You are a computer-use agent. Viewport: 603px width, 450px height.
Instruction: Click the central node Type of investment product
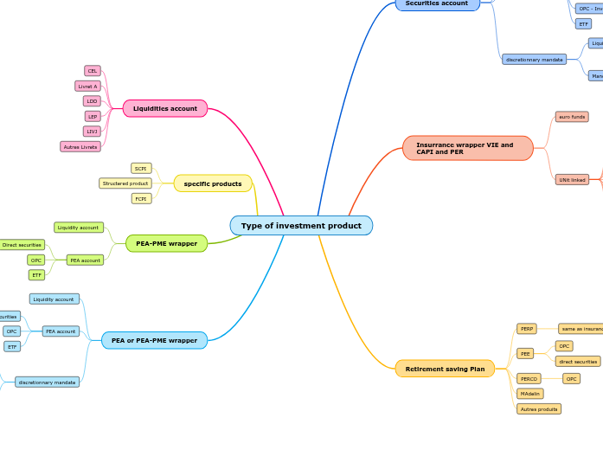pos(301,226)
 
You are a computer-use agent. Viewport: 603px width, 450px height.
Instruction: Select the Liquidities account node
pos(164,108)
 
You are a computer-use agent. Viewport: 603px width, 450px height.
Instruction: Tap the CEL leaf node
pos(93,71)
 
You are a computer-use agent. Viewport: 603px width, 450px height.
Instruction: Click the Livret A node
pos(88,86)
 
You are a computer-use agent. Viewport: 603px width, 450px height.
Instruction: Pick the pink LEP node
pos(93,116)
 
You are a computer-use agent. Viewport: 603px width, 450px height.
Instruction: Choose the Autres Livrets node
pos(80,146)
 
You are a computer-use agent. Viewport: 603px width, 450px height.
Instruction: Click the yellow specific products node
pos(213,183)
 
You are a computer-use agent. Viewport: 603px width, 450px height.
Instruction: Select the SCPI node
pos(141,168)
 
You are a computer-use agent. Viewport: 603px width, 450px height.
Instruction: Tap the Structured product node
pos(125,183)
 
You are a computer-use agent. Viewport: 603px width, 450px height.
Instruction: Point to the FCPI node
pos(141,198)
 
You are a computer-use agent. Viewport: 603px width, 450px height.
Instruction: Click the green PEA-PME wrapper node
pos(166,243)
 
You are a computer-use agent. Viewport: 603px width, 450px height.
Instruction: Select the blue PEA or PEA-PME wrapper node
pos(154,340)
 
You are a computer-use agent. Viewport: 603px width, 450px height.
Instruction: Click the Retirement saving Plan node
pos(445,369)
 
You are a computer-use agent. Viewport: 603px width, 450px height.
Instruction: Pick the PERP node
pos(527,329)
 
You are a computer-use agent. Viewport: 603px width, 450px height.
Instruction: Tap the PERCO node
pos(529,378)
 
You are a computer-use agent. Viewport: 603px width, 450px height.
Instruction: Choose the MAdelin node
pos(530,394)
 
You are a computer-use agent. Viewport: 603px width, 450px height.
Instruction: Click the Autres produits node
pos(539,408)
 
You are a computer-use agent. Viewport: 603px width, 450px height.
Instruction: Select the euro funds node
pos(572,117)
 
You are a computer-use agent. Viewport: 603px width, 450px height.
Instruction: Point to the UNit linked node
pos(572,180)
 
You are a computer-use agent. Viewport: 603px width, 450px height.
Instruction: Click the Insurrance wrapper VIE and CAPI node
pos(467,148)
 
